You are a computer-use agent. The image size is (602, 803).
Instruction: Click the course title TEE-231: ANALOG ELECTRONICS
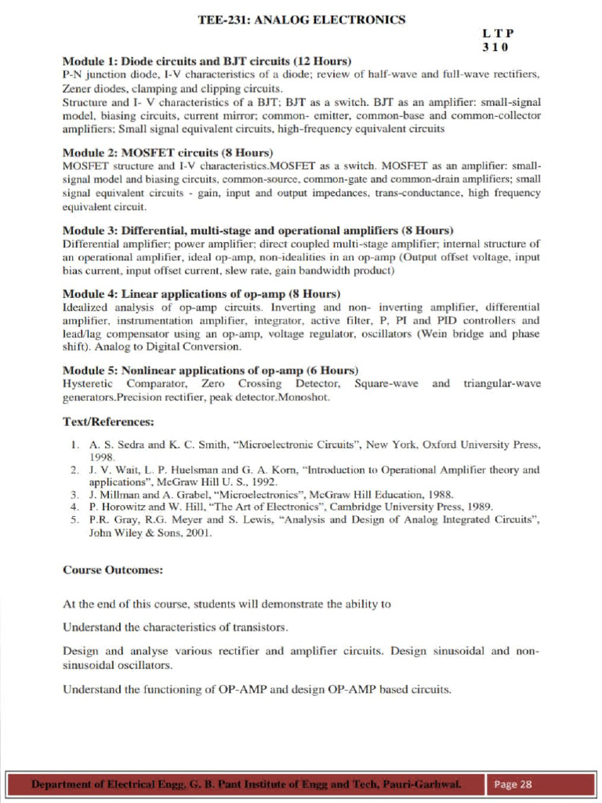coord(302,20)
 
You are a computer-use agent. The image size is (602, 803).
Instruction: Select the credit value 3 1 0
coord(495,47)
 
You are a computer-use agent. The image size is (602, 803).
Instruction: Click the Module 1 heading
coord(207,61)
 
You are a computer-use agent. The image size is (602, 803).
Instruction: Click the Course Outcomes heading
coord(113,570)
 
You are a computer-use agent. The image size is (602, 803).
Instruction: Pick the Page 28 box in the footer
coord(513,784)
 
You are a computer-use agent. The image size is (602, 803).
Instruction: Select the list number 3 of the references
coord(73,495)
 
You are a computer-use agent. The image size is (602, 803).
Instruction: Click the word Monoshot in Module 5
coord(306,397)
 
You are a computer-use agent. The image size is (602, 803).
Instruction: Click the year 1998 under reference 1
coord(102,456)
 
